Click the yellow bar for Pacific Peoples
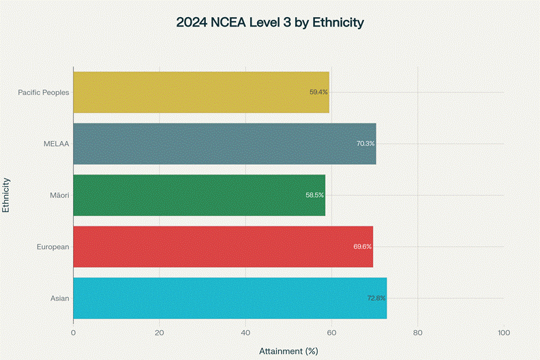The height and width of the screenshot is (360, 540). pos(201,92)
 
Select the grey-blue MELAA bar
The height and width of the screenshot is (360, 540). pos(224,144)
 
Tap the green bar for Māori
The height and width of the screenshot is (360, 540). pos(199,195)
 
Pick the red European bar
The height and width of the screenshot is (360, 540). pos(223,246)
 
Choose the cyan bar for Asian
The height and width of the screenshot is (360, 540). pos(230,298)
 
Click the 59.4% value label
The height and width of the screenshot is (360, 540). pos(318,92)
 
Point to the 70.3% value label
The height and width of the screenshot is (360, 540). pos(365,144)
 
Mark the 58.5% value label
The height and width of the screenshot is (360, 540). pos(315,195)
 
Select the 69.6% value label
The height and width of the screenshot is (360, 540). pos(363,246)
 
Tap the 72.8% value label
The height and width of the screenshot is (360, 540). pos(376,298)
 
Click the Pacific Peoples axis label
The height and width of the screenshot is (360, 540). pos(44,92)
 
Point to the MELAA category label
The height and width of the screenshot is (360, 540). pos(57,144)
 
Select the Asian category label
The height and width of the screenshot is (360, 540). pos(59,298)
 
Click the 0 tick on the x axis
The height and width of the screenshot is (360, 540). pos(73,333)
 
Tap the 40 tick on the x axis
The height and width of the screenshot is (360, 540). pos(245,333)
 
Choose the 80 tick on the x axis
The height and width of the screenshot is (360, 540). pos(418,333)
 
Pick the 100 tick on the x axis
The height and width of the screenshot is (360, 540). pos(504,333)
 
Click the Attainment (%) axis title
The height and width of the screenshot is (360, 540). pos(288,351)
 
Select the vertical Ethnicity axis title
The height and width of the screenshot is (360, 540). pos(6,195)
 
